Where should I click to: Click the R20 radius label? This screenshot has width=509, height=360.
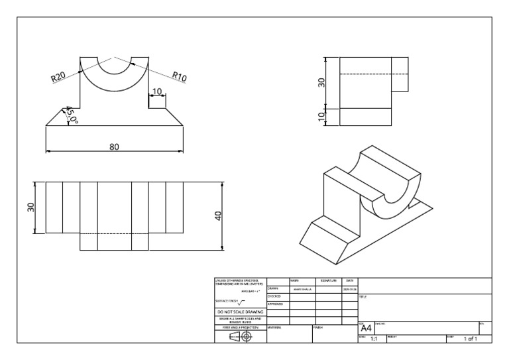(58, 78)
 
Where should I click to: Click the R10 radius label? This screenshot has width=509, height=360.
(179, 76)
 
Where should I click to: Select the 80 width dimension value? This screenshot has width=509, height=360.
(114, 147)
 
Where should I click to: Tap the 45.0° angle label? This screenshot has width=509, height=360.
(71, 116)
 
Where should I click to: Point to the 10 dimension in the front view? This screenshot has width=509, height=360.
(157, 91)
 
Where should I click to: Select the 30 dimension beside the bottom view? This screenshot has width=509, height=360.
(30, 207)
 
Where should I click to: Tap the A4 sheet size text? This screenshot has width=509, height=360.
(366, 328)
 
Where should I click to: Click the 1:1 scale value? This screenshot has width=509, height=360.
(373, 339)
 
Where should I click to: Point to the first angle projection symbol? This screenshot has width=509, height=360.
(241, 336)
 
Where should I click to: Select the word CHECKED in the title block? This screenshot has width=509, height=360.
(274, 296)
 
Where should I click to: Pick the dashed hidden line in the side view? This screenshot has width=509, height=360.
(365, 74)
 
